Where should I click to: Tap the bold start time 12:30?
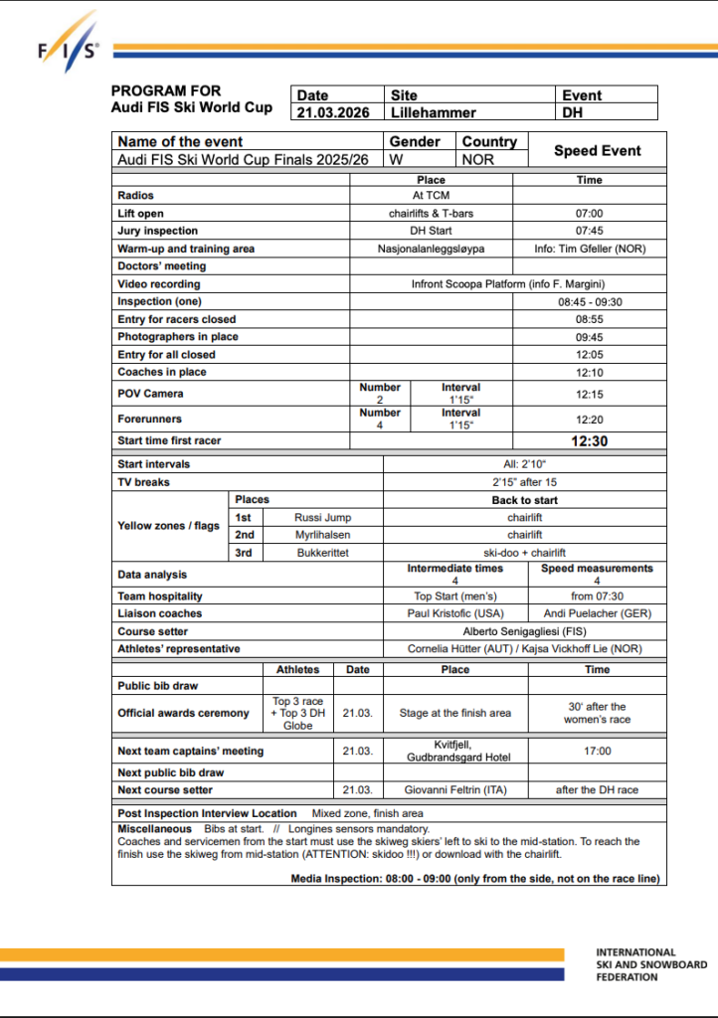tap(589, 440)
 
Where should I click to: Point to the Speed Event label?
tap(597, 150)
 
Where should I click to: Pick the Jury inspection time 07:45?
tap(589, 231)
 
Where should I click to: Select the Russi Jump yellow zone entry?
tap(322, 517)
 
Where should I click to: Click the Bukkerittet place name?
tap(322, 553)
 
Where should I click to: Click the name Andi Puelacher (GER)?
tap(596, 613)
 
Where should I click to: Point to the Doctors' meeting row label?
tap(161, 266)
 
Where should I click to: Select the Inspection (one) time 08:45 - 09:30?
tap(589, 301)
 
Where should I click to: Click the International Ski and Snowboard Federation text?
tap(651, 964)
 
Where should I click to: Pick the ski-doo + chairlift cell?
tap(524, 553)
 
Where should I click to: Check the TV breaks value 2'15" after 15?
tap(524, 482)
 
